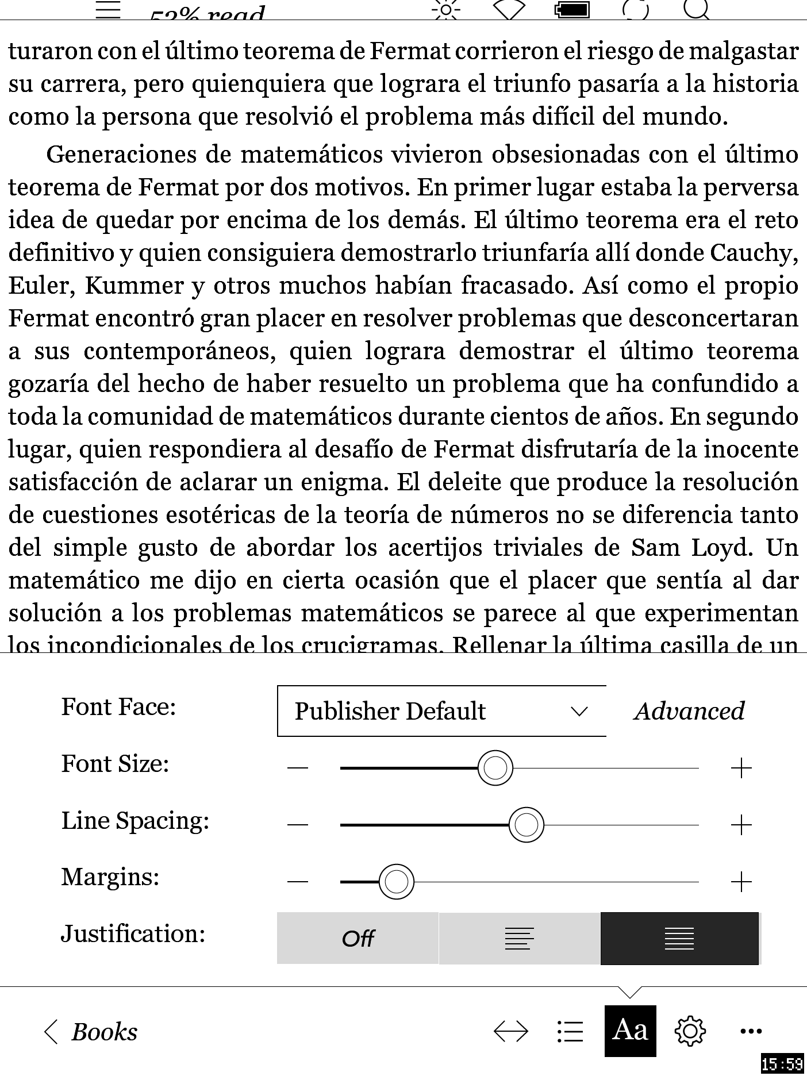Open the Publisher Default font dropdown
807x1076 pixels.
(x=441, y=711)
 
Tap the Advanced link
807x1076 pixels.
(x=689, y=711)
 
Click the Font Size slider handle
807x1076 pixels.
(x=495, y=767)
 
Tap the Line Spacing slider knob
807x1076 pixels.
(x=526, y=825)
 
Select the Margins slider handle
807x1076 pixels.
(x=396, y=881)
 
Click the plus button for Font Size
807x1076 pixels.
(x=741, y=768)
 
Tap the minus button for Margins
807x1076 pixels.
(x=298, y=882)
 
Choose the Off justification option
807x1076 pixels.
(x=358, y=939)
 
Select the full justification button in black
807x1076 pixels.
(x=679, y=939)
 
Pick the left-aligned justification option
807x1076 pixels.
(x=519, y=939)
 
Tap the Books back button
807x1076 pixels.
(x=91, y=1032)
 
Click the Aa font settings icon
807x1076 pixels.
(x=630, y=1031)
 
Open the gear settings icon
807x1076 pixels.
(x=690, y=1031)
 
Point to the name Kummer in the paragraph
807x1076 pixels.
(x=134, y=286)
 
